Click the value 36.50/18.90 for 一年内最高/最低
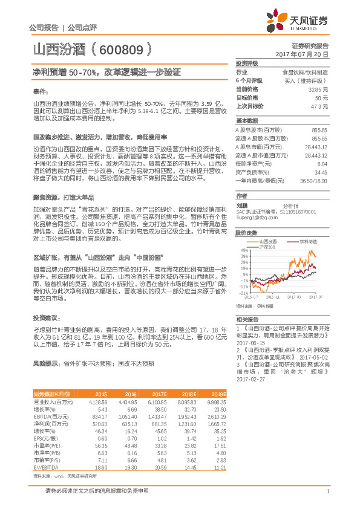point(314,180)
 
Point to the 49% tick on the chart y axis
point(243,250)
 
